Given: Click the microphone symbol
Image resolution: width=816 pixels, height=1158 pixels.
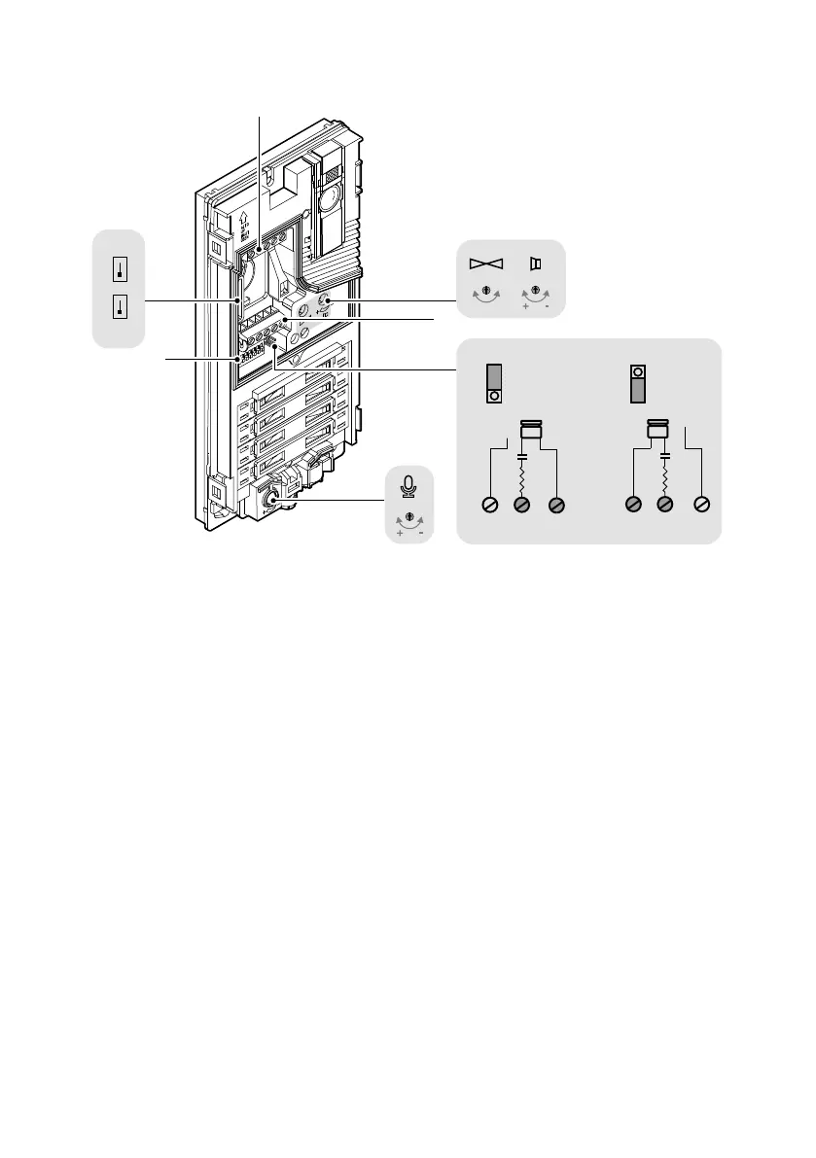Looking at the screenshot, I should pyautogui.click(x=409, y=483).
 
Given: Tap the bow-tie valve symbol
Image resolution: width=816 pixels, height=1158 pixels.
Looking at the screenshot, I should pyautogui.click(x=483, y=263).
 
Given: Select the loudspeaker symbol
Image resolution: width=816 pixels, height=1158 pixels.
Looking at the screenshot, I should pyautogui.click(x=534, y=263).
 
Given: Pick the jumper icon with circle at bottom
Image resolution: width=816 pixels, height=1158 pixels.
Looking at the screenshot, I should pyautogui.click(x=494, y=385).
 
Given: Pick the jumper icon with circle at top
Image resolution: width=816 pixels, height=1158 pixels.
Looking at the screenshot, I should pyautogui.click(x=638, y=384).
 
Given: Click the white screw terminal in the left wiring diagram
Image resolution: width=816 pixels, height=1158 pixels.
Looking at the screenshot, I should pyautogui.click(x=491, y=505).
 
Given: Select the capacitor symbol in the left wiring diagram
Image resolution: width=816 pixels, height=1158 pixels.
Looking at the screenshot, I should pyautogui.click(x=523, y=455).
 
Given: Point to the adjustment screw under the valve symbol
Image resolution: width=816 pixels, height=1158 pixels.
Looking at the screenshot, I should pyautogui.click(x=483, y=291).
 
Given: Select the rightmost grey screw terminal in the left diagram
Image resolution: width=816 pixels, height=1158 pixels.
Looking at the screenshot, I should pyautogui.click(x=556, y=505).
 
